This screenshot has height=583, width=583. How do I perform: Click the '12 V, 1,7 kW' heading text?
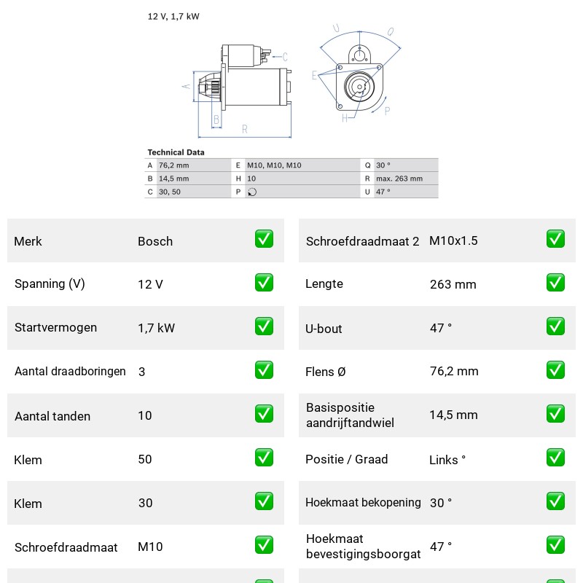coord(173,16)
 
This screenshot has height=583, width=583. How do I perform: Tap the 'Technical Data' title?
coord(176,152)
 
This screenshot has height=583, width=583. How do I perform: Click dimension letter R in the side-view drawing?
coord(245,129)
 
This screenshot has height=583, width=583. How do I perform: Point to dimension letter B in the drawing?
coord(216,120)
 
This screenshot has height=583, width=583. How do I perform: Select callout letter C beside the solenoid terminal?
coord(285,57)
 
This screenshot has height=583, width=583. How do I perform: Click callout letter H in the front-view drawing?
coord(345,118)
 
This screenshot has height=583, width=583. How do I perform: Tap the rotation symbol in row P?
coord(252,192)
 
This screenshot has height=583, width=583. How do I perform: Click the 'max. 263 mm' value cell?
coord(399,179)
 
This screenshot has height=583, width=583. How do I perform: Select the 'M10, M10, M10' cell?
coord(274,165)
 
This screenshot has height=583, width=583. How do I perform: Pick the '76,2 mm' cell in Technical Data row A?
coord(173,165)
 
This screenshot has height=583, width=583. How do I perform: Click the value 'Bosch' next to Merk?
coord(155,241)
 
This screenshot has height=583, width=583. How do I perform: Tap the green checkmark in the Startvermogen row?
coord(264,326)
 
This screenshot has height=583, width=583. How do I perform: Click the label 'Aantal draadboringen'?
coord(70,371)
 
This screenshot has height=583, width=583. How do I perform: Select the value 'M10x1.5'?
coord(453,240)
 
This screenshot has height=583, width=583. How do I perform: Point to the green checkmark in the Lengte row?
coord(555,283)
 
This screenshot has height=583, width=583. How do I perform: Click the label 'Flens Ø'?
coord(325,372)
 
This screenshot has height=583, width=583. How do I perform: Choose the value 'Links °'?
coord(447,460)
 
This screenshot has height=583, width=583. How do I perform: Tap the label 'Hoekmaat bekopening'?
coord(363,502)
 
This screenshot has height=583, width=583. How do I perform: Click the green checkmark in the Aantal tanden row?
coord(264,414)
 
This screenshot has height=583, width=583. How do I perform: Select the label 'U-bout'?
coord(324,329)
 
